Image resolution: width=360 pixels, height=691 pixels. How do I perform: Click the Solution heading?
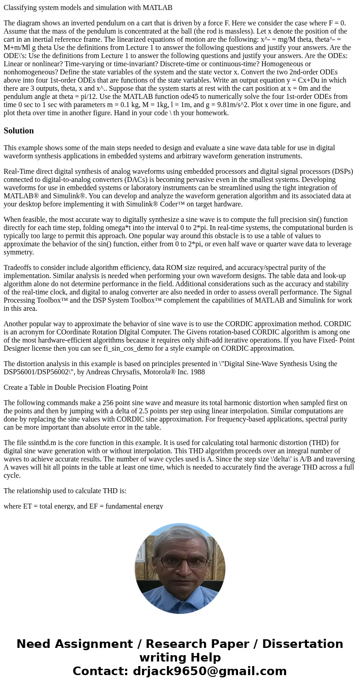[x=19, y=131]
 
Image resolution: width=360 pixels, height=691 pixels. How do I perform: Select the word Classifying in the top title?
[x=19, y=7]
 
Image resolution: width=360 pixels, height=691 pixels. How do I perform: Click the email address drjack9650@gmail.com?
[x=209, y=671]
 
